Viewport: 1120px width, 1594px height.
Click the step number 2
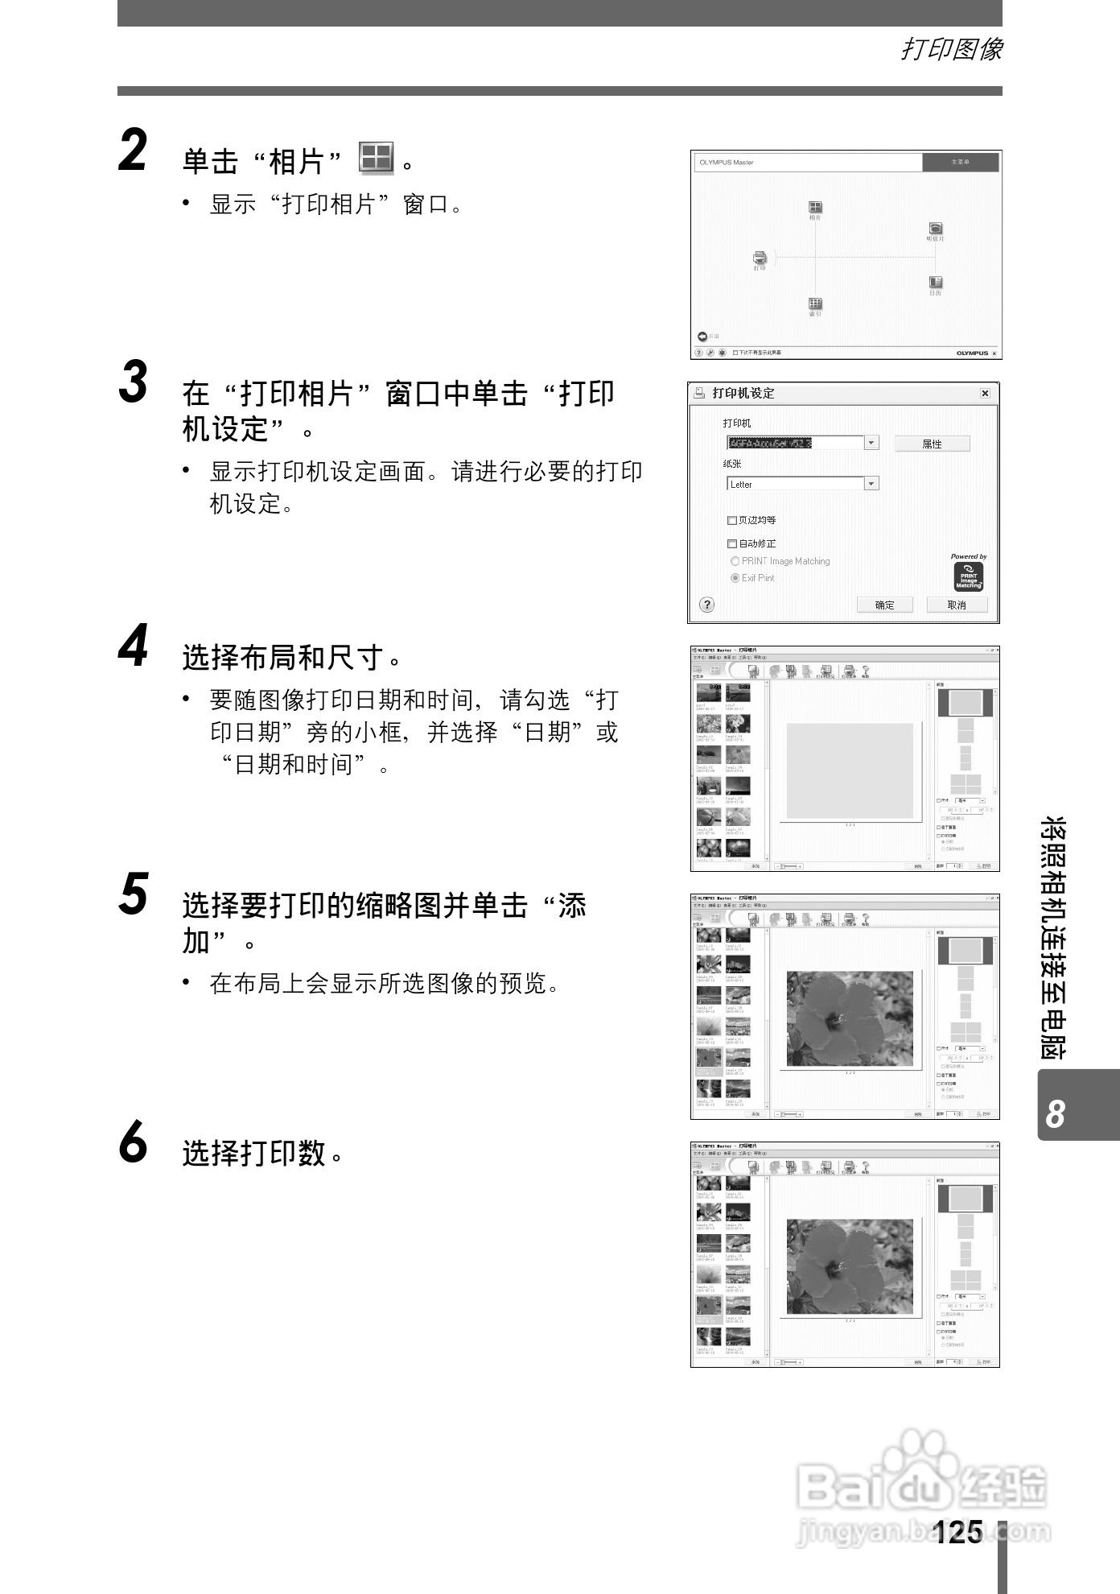(x=133, y=152)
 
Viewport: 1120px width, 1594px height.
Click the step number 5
(x=134, y=895)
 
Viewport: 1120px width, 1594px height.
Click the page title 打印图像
(x=951, y=50)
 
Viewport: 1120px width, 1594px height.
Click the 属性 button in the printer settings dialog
(x=932, y=444)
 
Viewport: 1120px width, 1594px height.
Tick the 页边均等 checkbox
(x=732, y=521)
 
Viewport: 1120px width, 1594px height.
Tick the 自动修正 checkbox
(x=732, y=544)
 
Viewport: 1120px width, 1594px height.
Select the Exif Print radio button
(x=735, y=578)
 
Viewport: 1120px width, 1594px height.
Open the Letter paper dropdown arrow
(x=871, y=484)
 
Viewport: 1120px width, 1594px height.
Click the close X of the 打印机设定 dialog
(x=985, y=394)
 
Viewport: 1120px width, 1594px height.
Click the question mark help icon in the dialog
(x=706, y=605)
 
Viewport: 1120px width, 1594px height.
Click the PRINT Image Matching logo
(x=968, y=576)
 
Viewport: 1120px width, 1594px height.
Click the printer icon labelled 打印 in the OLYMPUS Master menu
(x=760, y=258)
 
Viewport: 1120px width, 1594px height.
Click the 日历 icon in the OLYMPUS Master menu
(x=935, y=283)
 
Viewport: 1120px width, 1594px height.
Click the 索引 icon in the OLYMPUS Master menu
(x=815, y=304)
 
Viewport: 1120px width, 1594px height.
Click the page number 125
(x=959, y=1532)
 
